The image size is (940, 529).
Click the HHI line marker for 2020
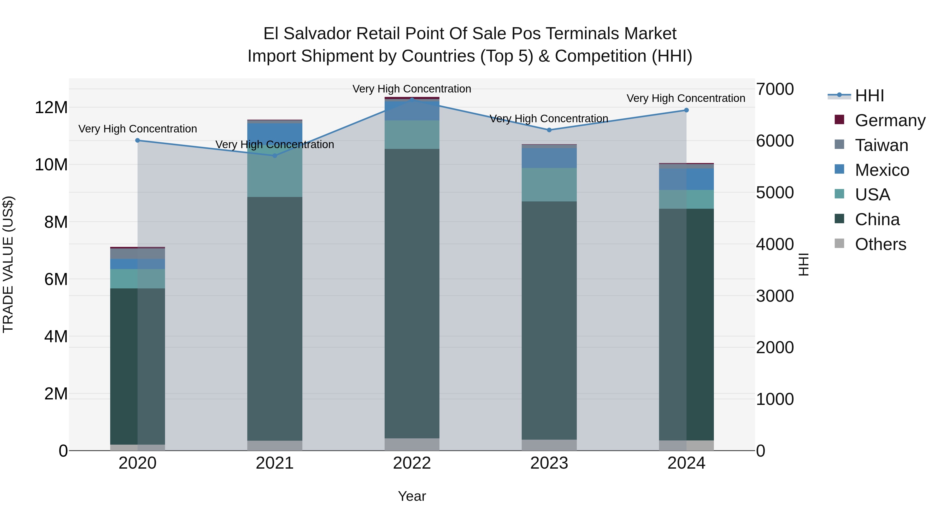(138, 141)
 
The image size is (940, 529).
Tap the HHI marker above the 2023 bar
(549, 130)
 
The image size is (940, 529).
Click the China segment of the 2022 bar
(412, 292)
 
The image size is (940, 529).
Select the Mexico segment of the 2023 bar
(549, 158)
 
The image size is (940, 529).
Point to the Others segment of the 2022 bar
(412, 444)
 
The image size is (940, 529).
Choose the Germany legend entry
(890, 120)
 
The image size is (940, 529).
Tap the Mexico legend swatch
(839, 169)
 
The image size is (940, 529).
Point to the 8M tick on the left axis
(55, 222)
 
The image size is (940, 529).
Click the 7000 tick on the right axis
(775, 89)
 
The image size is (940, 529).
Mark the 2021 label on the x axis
(275, 463)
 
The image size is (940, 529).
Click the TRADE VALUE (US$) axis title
(8, 264)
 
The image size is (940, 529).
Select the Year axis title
(412, 496)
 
